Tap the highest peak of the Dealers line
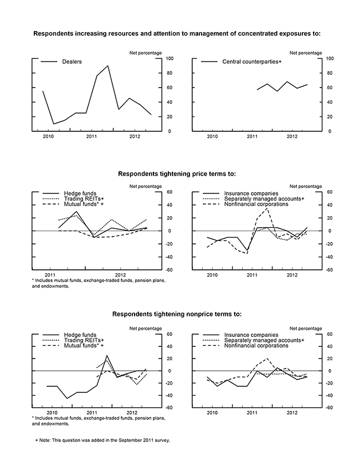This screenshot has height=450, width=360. coord(107,66)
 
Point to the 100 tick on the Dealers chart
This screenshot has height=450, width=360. coord(169,58)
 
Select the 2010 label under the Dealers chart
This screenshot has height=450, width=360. coord(49,137)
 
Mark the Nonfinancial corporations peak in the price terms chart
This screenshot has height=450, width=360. coord(268,208)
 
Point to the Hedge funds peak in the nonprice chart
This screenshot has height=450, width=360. coord(107,355)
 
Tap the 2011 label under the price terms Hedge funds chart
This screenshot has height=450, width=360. coord(50,275)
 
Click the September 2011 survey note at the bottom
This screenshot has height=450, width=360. coord(102,440)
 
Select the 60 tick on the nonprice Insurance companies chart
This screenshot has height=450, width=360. coord(331,334)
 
